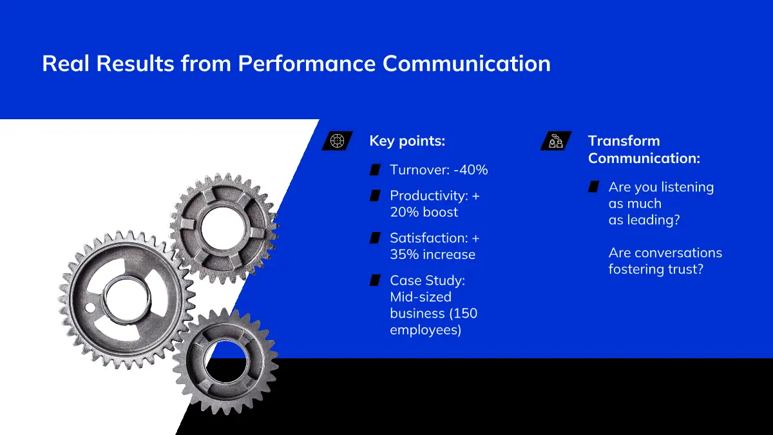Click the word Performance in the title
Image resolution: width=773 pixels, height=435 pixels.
pos(307,64)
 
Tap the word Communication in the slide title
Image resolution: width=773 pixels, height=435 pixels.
pos(466,64)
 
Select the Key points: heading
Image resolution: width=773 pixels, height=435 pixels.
pos(407,141)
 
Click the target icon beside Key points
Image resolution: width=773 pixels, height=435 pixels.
pos(337,141)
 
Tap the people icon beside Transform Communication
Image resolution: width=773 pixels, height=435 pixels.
pos(555,141)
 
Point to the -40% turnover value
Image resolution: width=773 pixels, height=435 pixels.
pos(471,170)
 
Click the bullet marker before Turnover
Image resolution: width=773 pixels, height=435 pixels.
pos(375,169)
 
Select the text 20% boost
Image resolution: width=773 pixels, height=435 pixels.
pos(424,212)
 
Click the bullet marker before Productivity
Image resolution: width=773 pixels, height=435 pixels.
pos(375,195)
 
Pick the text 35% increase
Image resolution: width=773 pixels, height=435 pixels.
pos(432,255)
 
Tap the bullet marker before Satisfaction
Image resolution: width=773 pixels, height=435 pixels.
pos(375,238)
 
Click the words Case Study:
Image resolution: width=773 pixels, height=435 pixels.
pos(428,281)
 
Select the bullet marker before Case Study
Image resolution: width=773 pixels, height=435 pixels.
pos(375,280)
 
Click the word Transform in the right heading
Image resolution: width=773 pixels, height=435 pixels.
pos(624,141)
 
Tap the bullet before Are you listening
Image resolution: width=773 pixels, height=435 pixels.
pos(593,186)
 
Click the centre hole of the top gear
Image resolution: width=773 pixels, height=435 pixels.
pos(224,228)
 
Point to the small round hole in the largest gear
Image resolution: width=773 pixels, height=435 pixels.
pos(90,307)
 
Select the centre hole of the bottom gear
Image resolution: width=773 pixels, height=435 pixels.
pos(225,362)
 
